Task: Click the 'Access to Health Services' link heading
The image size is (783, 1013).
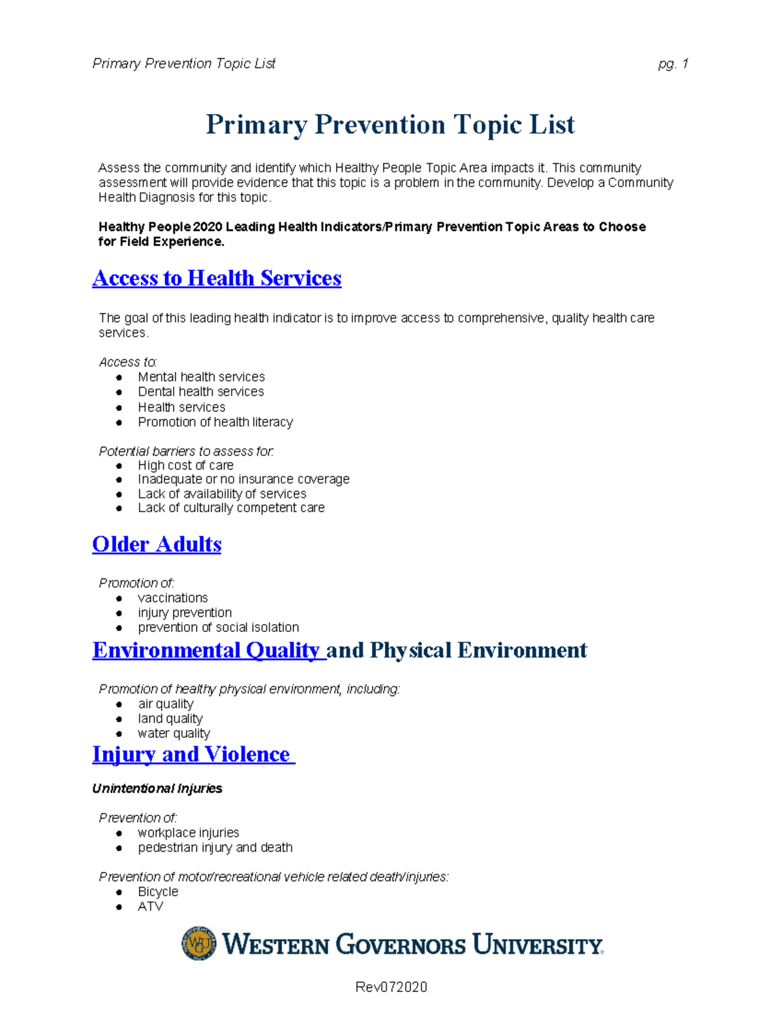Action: click(217, 279)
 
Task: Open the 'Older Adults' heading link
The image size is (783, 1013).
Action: click(157, 545)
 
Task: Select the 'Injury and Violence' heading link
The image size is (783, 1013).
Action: click(193, 755)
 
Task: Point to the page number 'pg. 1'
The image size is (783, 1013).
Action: click(673, 64)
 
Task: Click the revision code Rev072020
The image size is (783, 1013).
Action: click(391, 987)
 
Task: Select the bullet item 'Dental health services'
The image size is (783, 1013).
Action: click(200, 392)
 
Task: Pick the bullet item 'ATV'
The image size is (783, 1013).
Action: click(150, 907)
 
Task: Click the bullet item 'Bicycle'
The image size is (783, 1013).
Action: click(158, 892)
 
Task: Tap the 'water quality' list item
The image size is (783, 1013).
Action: click(174, 734)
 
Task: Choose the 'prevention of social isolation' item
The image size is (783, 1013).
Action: click(218, 627)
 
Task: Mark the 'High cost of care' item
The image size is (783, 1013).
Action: click(185, 466)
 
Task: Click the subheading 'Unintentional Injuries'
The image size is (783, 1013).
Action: click(157, 789)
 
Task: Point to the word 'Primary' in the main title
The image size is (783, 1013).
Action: click(256, 125)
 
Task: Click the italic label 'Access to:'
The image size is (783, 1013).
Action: click(128, 362)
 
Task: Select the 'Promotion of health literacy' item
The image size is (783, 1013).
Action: click(215, 422)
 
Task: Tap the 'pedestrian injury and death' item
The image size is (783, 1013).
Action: click(215, 848)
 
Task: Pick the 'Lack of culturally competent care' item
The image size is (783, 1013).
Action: click(231, 508)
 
